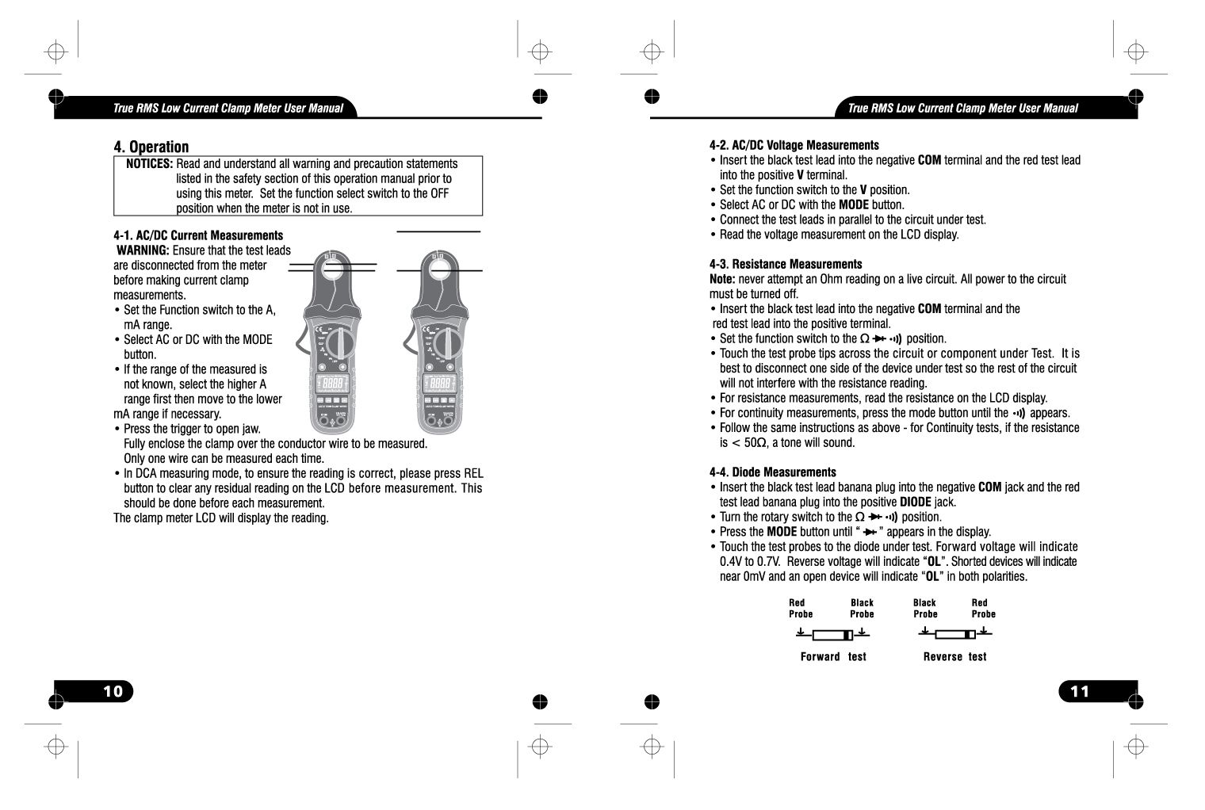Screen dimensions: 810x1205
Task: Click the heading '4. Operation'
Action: pyautogui.click(x=151, y=147)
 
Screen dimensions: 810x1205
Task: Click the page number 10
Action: pyautogui.click(x=113, y=691)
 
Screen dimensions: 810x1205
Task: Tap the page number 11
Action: pyautogui.click(x=1080, y=691)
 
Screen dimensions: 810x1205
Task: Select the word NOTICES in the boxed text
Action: pyautogui.click(x=150, y=164)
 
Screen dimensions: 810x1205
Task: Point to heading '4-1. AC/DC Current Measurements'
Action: pyautogui.click(x=198, y=235)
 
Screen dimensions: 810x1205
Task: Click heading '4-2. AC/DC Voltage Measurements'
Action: pyautogui.click(x=794, y=145)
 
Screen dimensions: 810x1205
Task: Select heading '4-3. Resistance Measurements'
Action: pyautogui.click(x=785, y=264)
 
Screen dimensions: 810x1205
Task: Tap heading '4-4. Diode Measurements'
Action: pyautogui.click(x=772, y=472)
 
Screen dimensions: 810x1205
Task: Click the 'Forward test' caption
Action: pyautogui.click(x=832, y=657)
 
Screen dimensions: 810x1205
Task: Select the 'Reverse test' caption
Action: pyautogui.click(x=954, y=657)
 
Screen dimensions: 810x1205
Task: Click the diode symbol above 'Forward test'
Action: pyautogui.click(x=832, y=635)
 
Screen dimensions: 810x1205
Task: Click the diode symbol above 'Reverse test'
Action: pyautogui.click(x=954, y=634)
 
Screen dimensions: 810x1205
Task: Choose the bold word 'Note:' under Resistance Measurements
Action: pyautogui.click(x=722, y=279)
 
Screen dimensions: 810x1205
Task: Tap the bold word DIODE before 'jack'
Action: pyautogui.click(x=915, y=502)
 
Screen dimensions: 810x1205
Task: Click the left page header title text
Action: pyautogui.click(x=228, y=109)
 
